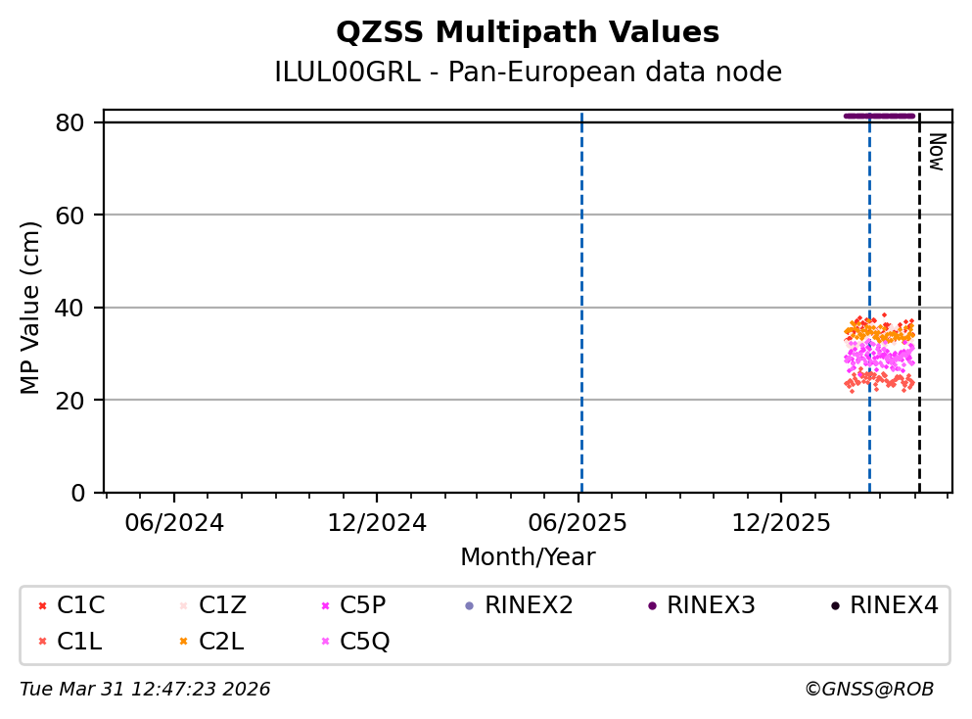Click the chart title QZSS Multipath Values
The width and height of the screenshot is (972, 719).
tap(528, 33)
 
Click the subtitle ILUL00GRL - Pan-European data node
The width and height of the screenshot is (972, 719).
tap(528, 72)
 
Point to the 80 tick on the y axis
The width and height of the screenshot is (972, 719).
tap(79, 122)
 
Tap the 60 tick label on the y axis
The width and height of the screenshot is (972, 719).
tap(79, 216)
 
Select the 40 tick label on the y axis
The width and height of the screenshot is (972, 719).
tap(79, 308)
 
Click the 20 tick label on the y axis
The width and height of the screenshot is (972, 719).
tap(79, 401)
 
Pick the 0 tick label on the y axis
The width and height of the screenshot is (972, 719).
tap(86, 493)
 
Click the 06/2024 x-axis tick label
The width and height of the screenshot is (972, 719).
tap(174, 522)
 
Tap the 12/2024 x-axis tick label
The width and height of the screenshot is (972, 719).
tap(377, 522)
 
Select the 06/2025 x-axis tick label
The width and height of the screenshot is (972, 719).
tap(579, 522)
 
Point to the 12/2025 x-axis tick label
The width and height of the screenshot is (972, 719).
tap(780, 522)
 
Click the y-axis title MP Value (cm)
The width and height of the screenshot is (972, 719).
tap(31, 308)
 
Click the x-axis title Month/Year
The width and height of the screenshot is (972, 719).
tap(528, 557)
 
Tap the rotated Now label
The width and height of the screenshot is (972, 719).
tap(936, 152)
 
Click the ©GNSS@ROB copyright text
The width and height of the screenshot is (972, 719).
tap(869, 690)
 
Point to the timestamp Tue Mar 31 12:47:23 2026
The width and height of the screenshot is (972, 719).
tap(145, 690)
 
